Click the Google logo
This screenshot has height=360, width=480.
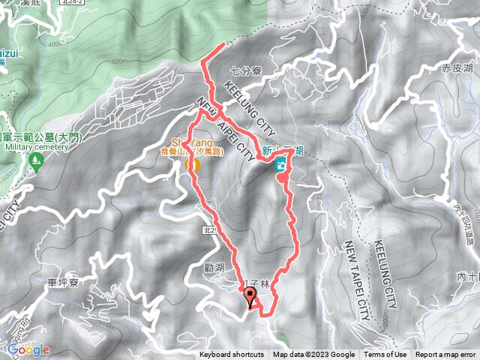tap(28, 349)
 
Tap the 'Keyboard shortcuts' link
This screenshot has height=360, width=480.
tap(232, 355)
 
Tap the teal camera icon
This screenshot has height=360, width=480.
tap(280, 165)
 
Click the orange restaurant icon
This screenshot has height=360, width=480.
tap(191, 164)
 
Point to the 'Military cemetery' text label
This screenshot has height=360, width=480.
tap(36, 148)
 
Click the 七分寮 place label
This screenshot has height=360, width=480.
tap(245, 72)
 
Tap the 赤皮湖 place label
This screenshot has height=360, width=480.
tap(457, 68)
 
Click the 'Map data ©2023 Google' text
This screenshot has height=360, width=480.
tap(313, 355)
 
